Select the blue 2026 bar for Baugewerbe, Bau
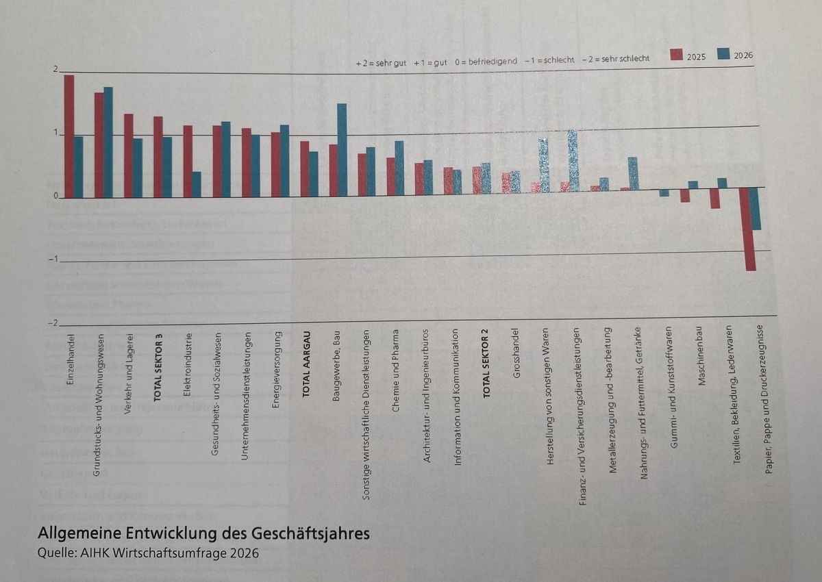pos(342,150)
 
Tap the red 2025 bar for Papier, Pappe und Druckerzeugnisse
pos(751,229)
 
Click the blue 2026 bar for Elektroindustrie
pos(197,184)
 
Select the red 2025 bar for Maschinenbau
pos(714,198)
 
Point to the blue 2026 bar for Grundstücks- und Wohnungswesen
pos(108,142)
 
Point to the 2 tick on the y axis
pos(57,70)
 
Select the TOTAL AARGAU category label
pos(306,364)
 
